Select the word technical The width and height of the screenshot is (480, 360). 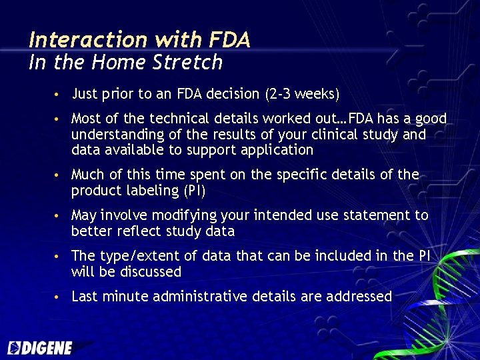[179, 119]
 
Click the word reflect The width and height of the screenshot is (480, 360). [130, 231]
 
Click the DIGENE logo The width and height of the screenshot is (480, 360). [41, 347]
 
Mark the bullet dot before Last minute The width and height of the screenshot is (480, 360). [59, 297]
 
